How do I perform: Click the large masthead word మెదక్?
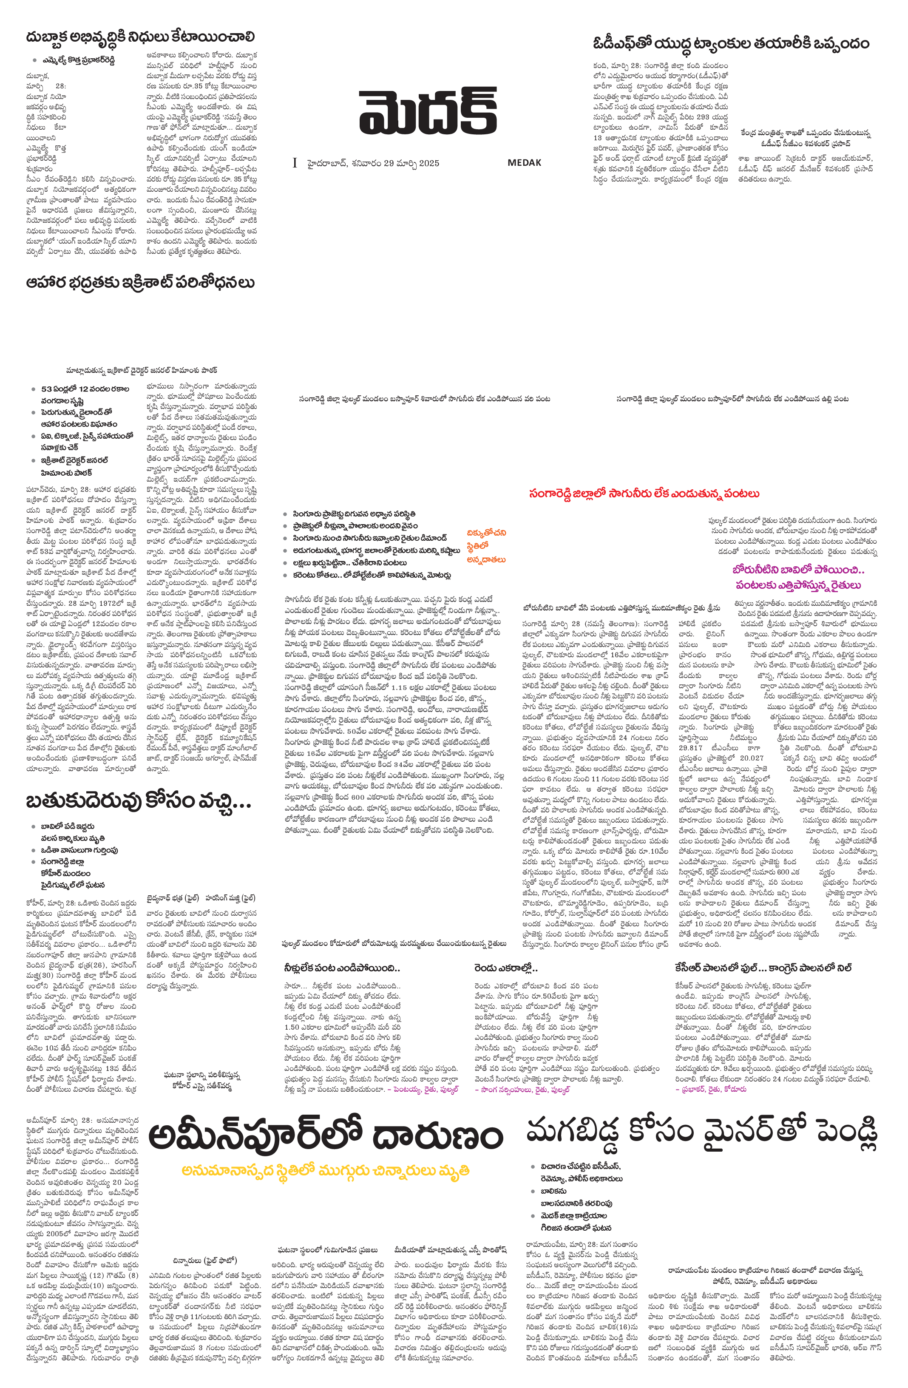tap(428, 111)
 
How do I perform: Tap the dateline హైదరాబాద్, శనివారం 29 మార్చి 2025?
tap(373, 163)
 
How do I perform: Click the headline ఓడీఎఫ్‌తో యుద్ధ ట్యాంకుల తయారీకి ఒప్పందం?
tap(731, 44)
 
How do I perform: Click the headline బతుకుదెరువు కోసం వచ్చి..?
tap(138, 801)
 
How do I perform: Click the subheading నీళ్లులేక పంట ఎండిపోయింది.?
tap(342, 968)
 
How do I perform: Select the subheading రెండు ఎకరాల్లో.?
tap(505, 968)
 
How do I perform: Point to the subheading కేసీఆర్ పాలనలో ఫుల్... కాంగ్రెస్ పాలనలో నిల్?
tap(764, 968)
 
